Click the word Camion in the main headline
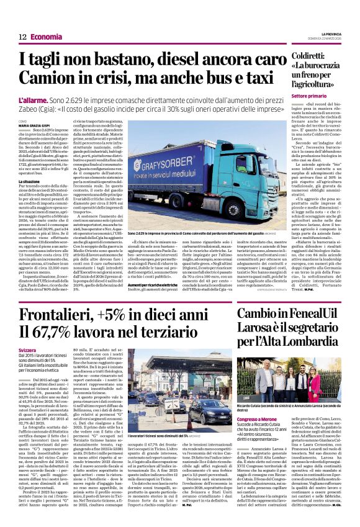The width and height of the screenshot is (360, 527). (x=46, y=79)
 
